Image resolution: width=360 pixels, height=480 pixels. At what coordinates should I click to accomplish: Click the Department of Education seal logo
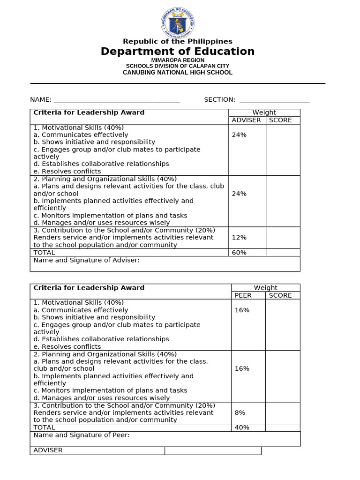(177, 22)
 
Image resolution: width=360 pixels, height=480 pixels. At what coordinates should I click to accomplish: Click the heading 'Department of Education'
(178, 52)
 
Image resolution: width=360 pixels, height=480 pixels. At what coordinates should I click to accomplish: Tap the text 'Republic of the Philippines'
(178, 41)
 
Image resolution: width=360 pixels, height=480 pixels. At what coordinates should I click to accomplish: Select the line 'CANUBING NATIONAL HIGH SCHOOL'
(178, 73)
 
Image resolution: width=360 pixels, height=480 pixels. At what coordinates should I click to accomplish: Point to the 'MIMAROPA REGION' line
(178, 60)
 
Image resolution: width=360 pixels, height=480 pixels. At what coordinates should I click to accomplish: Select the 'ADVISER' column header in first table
(247, 120)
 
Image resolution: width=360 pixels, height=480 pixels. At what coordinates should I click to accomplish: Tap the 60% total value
(239, 253)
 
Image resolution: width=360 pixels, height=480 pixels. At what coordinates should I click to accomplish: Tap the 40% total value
(242, 427)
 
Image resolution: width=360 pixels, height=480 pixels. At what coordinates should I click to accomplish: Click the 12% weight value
(239, 238)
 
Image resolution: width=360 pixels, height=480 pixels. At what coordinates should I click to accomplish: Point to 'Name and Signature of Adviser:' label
(87, 260)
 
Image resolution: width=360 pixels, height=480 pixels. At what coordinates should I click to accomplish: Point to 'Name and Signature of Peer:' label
(82, 435)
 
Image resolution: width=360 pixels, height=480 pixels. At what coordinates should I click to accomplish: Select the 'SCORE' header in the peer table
(280, 295)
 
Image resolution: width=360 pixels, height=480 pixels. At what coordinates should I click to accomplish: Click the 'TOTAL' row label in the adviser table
(44, 253)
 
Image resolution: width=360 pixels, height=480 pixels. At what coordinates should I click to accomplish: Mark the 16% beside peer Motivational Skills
(242, 310)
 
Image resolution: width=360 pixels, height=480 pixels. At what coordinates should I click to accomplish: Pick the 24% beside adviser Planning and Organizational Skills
(239, 194)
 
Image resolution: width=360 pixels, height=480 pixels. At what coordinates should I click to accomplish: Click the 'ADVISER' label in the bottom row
(48, 450)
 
